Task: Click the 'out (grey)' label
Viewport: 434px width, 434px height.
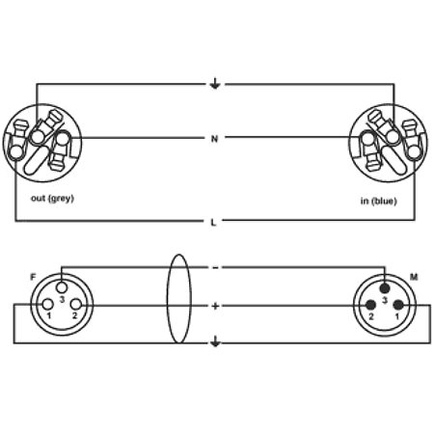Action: [52, 199]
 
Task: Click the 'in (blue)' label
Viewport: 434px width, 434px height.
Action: [379, 202]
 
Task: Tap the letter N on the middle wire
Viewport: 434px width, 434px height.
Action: [214, 139]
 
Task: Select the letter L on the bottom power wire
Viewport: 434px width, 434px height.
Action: [213, 222]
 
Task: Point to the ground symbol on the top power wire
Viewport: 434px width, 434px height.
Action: [215, 84]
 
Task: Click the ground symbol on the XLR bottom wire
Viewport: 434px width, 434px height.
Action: [215, 341]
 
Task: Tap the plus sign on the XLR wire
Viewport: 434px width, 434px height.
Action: [215, 306]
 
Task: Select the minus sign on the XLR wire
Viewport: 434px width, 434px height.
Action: [215, 268]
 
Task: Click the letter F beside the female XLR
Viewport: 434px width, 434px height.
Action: [33, 277]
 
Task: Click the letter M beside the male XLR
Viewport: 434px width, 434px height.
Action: [414, 277]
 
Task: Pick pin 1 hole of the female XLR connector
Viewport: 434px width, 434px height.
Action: [48, 304]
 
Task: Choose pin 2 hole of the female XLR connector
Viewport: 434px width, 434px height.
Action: [76, 304]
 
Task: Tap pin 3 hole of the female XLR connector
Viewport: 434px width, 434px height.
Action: [62, 286]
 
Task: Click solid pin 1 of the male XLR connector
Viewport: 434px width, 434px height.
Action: [398, 305]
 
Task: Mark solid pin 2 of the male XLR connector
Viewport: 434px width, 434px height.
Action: [370, 305]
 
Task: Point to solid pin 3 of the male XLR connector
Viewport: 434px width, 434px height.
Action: [385, 287]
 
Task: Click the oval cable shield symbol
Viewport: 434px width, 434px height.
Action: [168, 299]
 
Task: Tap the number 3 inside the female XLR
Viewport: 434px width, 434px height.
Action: [62, 300]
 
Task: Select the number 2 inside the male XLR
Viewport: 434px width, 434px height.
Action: [371, 316]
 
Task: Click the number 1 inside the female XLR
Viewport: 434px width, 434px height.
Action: [49, 315]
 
